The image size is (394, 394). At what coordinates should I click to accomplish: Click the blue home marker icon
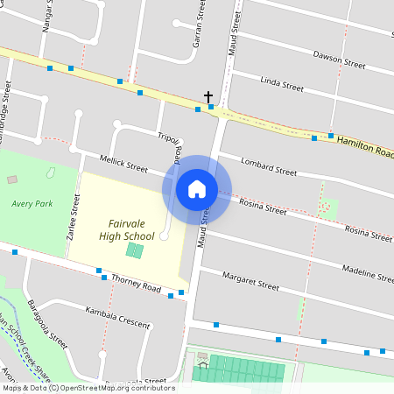tap(196, 189)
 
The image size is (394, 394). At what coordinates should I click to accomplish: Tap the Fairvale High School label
tap(122, 229)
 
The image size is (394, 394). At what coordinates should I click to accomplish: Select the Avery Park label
tap(32, 204)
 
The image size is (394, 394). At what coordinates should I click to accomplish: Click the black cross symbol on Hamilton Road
tap(208, 95)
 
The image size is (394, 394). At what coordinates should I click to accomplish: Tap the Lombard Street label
tap(268, 166)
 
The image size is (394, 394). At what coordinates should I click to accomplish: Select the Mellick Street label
tap(123, 164)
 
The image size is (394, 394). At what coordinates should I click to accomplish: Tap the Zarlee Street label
tap(75, 218)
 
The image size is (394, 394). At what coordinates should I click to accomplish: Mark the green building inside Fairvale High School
tap(134, 250)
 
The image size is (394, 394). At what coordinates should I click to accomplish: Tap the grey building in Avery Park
tap(12, 179)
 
